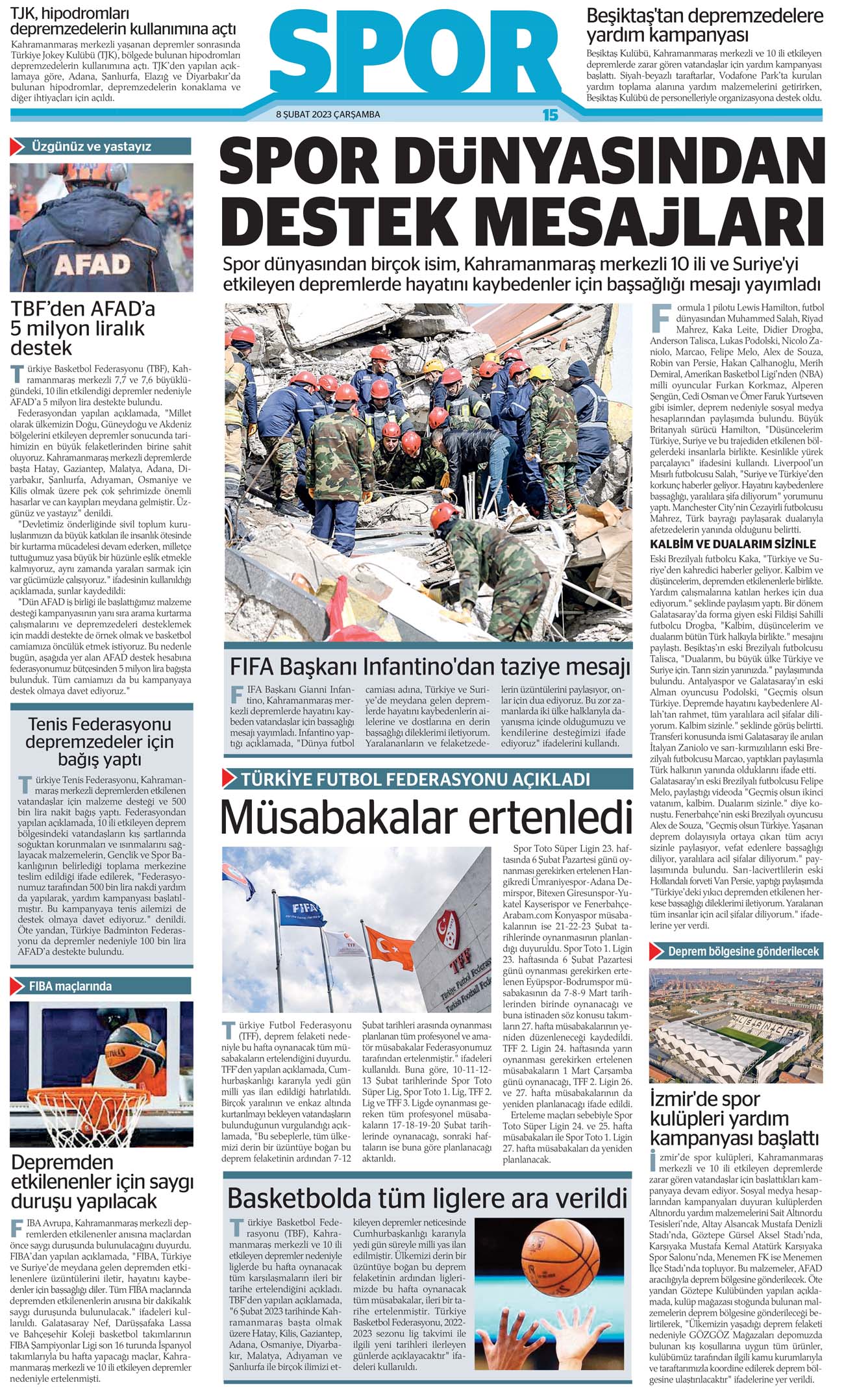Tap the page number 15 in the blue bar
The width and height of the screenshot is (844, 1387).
point(550,115)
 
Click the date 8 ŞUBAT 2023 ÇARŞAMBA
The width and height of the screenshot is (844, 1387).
point(328,115)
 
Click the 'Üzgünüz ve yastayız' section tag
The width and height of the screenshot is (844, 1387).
point(91,147)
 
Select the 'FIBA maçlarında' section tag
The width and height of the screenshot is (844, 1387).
point(70,986)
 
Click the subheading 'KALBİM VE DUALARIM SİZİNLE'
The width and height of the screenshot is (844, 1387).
point(733,544)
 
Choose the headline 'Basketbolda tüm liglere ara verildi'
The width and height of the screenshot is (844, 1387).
point(427,1197)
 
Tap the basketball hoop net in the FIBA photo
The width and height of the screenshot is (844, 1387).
point(134,1117)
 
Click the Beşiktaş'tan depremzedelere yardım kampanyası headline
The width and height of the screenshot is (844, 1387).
point(704,25)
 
